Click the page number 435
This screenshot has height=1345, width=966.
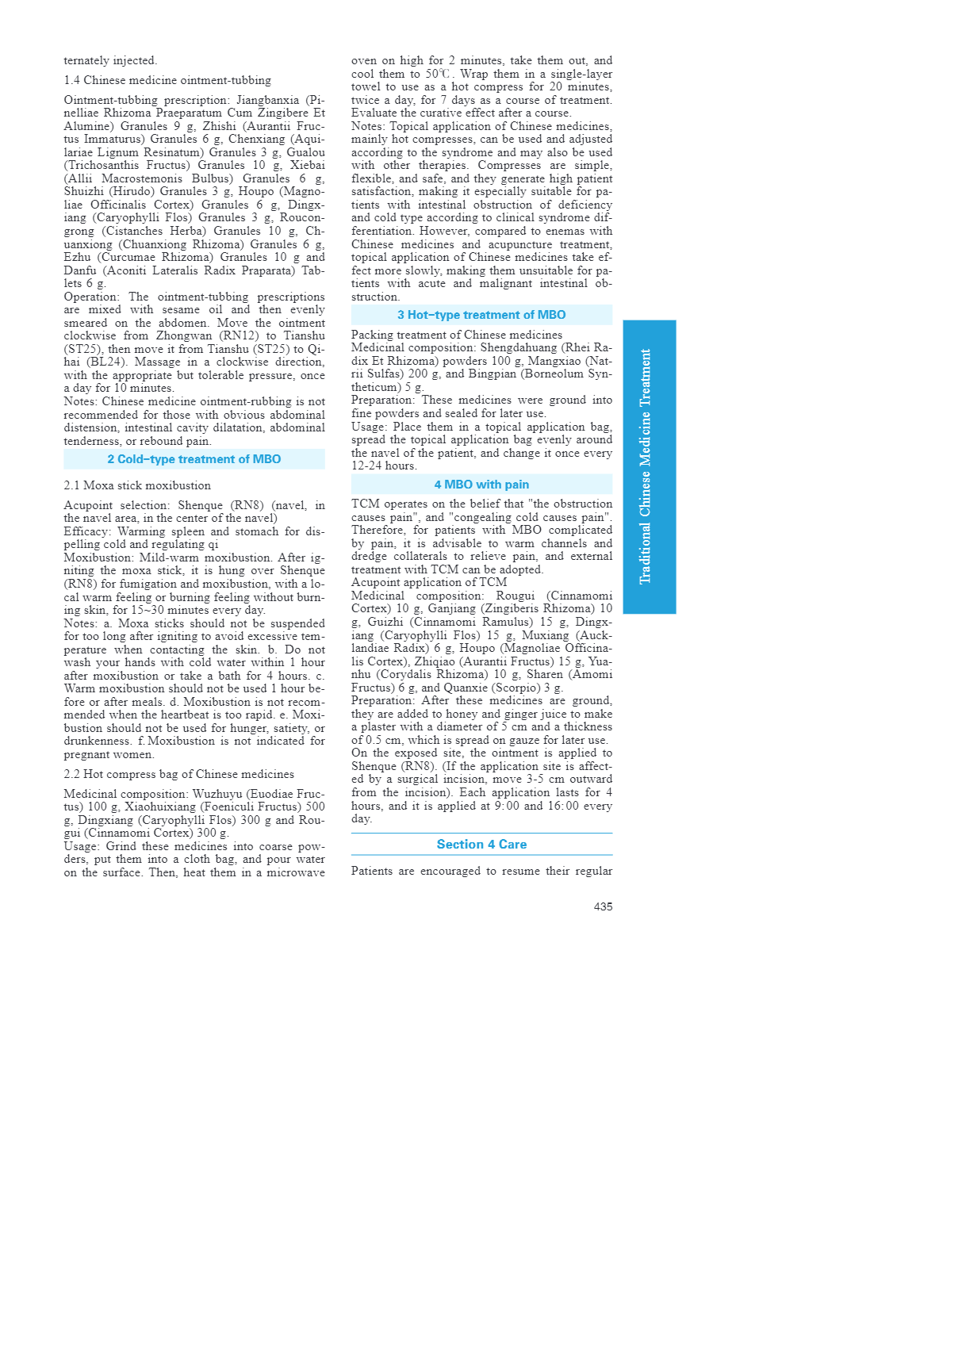(603, 906)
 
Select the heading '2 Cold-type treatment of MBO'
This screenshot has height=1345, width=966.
(194, 459)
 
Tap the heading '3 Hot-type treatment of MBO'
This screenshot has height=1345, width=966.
(481, 315)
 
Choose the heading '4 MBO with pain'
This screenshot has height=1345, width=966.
(481, 485)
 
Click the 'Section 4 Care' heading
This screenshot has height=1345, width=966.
(481, 845)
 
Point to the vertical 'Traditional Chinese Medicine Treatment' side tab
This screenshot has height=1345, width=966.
(649, 466)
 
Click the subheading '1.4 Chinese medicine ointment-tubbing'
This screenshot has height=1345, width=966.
(167, 80)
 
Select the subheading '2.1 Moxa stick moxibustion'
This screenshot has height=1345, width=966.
(137, 485)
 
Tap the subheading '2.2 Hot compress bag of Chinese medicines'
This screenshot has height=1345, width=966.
(178, 774)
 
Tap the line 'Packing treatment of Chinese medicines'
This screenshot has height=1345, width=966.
(457, 335)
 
